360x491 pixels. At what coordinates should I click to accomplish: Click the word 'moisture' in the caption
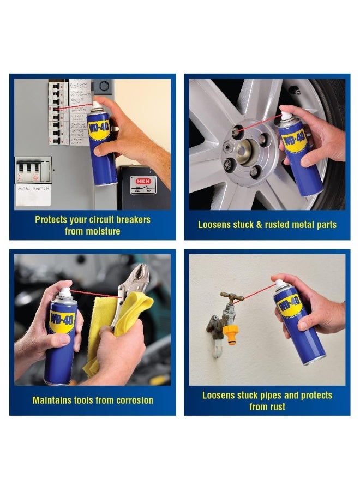103,231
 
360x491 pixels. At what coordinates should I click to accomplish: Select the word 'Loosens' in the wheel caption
215,225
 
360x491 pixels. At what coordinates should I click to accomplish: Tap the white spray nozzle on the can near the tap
279,284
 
